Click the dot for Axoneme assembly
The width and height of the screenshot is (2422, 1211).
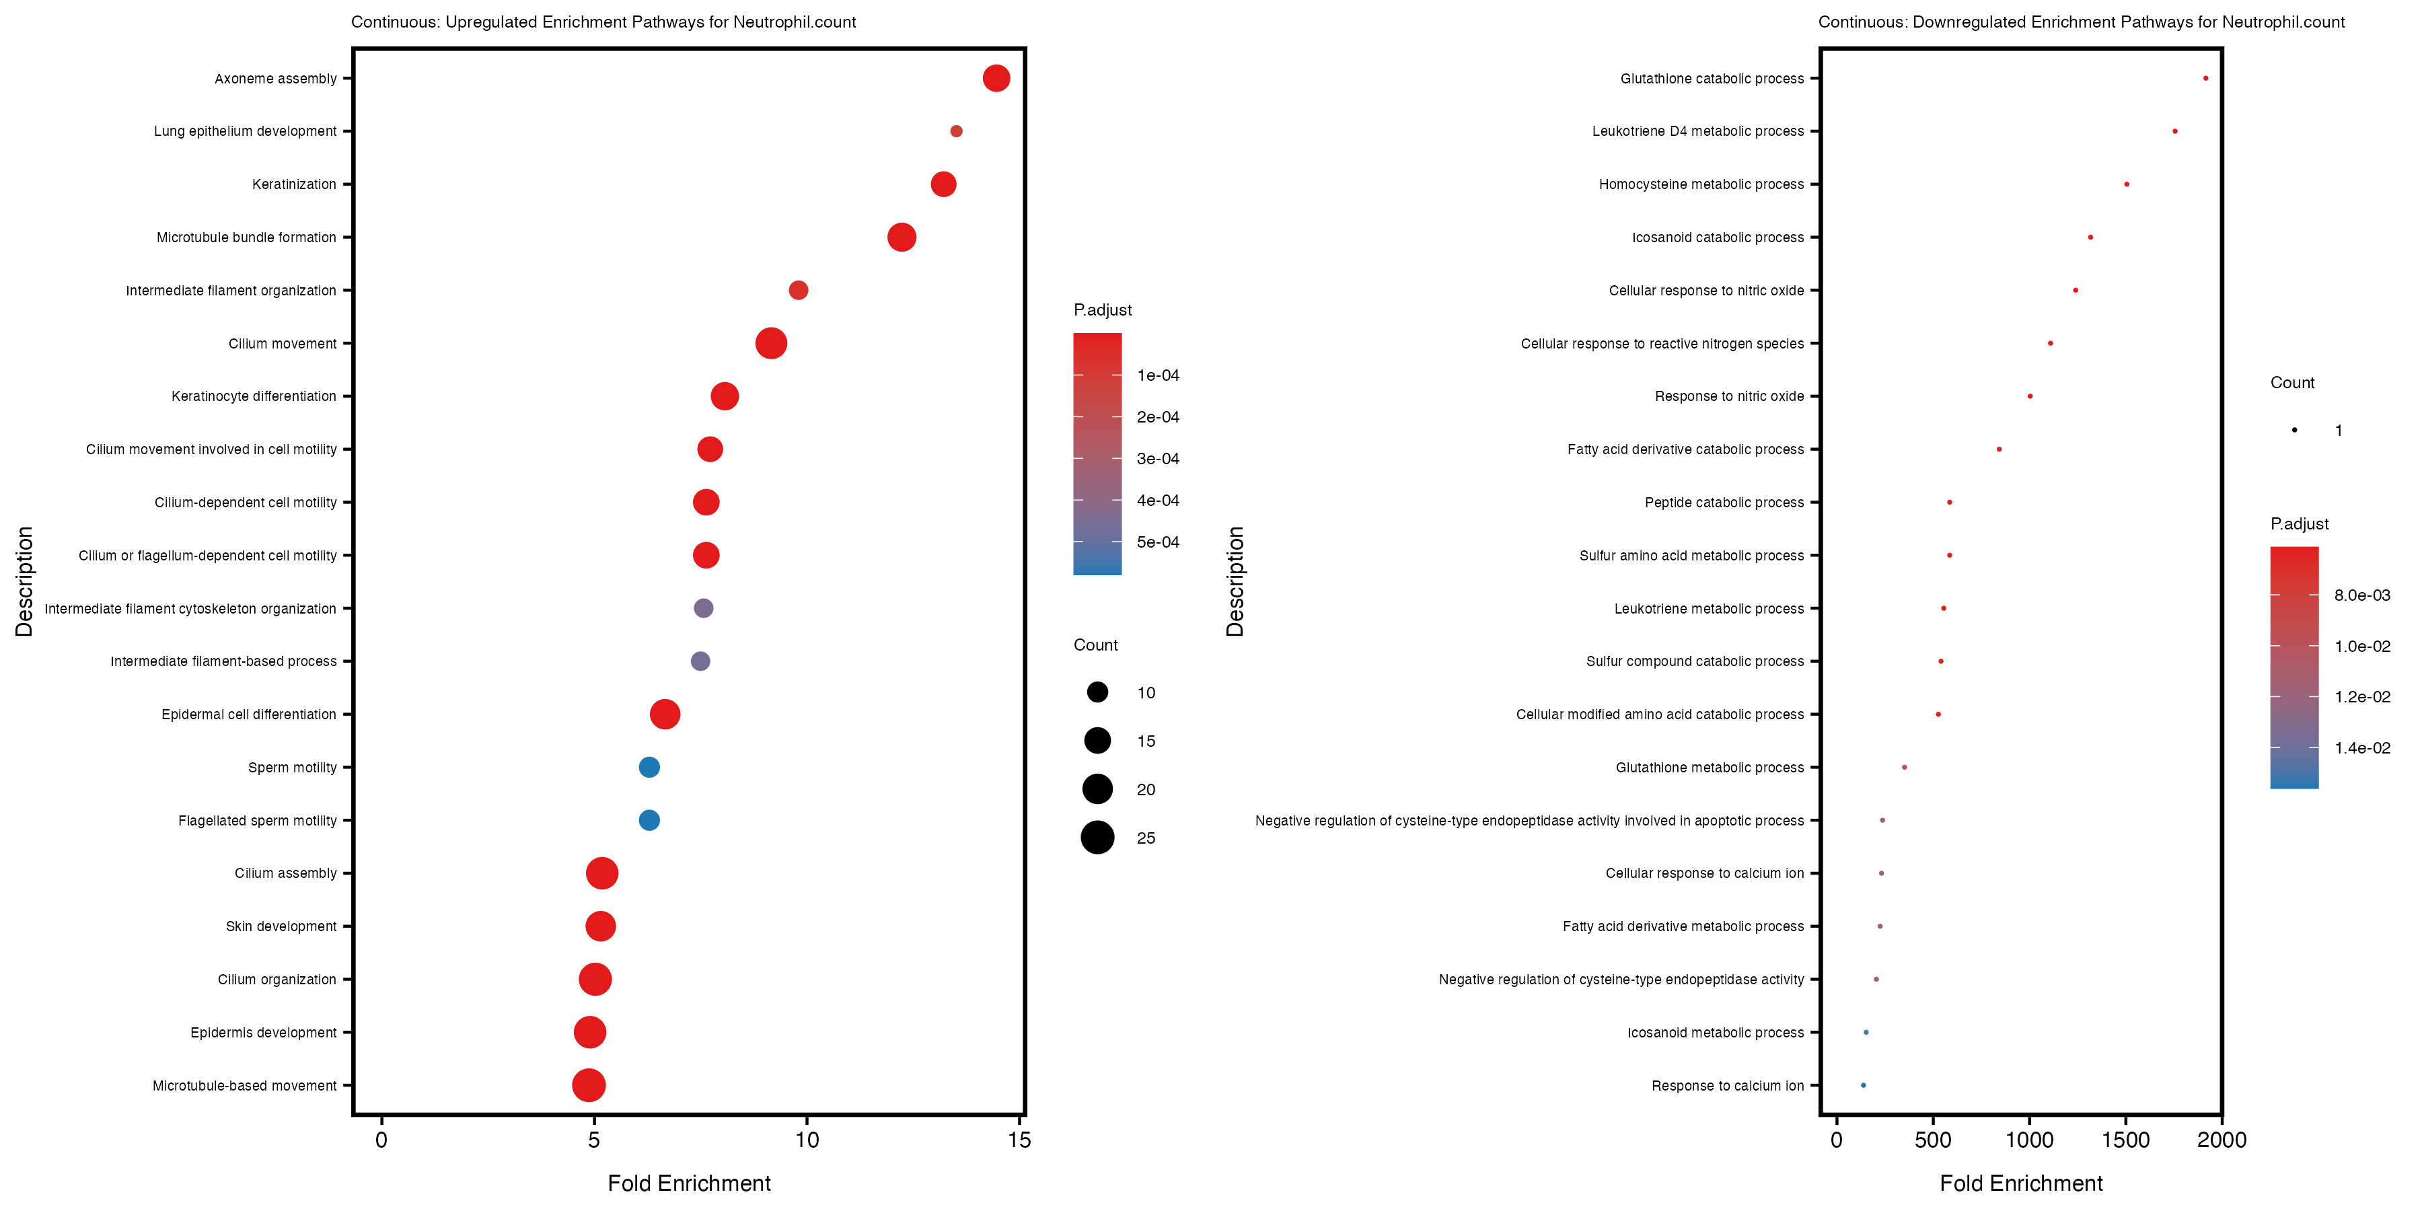(x=996, y=78)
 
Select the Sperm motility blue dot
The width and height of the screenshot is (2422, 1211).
(x=649, y=767)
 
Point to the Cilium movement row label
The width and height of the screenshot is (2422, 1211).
(x=282, y=344)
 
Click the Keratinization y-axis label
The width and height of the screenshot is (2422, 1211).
(x=293, y=184)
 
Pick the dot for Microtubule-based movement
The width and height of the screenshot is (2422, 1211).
(x=589, y=1085)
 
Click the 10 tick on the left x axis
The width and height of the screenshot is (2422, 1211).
(x=807, y=1140)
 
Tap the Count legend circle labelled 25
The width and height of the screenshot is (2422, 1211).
(x=1097, y=837)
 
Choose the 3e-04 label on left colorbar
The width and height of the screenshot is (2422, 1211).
(x=1157, y=459)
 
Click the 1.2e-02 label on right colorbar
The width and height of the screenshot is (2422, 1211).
(x=2362, y=697)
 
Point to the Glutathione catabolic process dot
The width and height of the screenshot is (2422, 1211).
(x=2205, y=78)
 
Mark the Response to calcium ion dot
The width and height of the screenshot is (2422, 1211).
(x=1862, y=1085)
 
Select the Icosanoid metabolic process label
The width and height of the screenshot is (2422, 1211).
(x=1715, y=1032)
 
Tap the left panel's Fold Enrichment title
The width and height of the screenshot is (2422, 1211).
(x=688, y=1183)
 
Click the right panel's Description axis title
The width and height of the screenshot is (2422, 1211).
(x=1235, y=581)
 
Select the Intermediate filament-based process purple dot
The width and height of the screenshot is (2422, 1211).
(x=700, y=661)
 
